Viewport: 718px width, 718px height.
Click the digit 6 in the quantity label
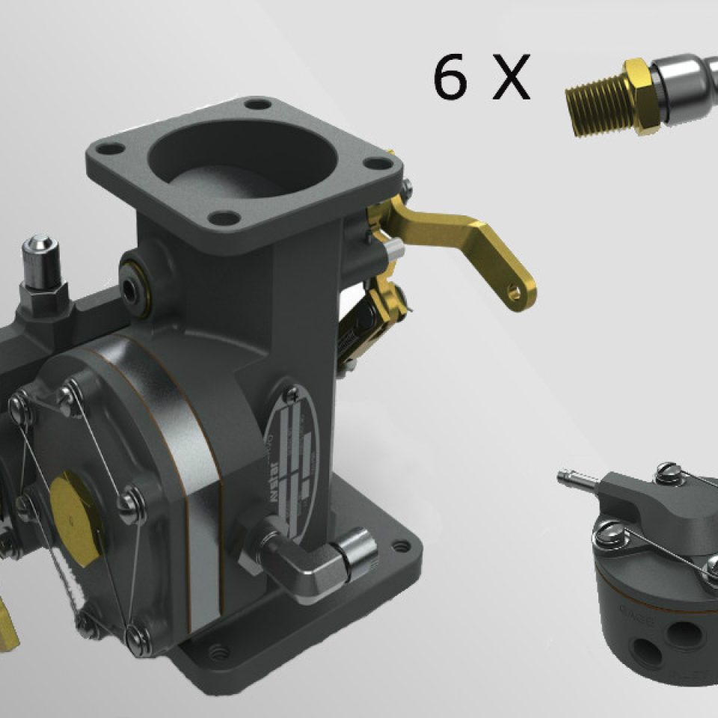point(450,79)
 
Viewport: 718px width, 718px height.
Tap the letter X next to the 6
point(510,79)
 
